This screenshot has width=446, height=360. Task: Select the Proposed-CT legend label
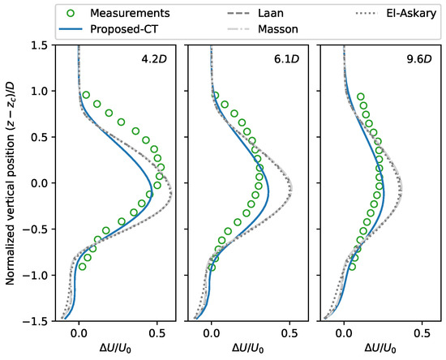[124, 29]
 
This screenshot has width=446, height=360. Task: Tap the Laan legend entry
[271, 13]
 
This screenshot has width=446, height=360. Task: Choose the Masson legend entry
[278, 29]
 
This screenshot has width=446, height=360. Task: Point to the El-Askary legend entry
[411, 13]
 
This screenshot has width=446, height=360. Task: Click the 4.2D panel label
[154, 59]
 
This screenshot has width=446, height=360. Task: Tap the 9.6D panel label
[419, 59]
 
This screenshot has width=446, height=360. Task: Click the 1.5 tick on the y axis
[40, 45]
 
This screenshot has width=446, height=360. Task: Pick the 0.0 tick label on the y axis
[40, 183]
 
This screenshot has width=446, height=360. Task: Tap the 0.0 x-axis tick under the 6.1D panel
[212, 333]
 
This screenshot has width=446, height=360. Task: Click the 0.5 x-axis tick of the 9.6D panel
[422, 333]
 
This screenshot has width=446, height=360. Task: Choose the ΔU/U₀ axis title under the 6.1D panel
[248, 348]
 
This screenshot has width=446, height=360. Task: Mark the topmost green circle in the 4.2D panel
[86, 95]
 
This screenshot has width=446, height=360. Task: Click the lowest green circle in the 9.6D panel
[352, 267]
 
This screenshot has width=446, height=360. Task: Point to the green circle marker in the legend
[71, 13]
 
